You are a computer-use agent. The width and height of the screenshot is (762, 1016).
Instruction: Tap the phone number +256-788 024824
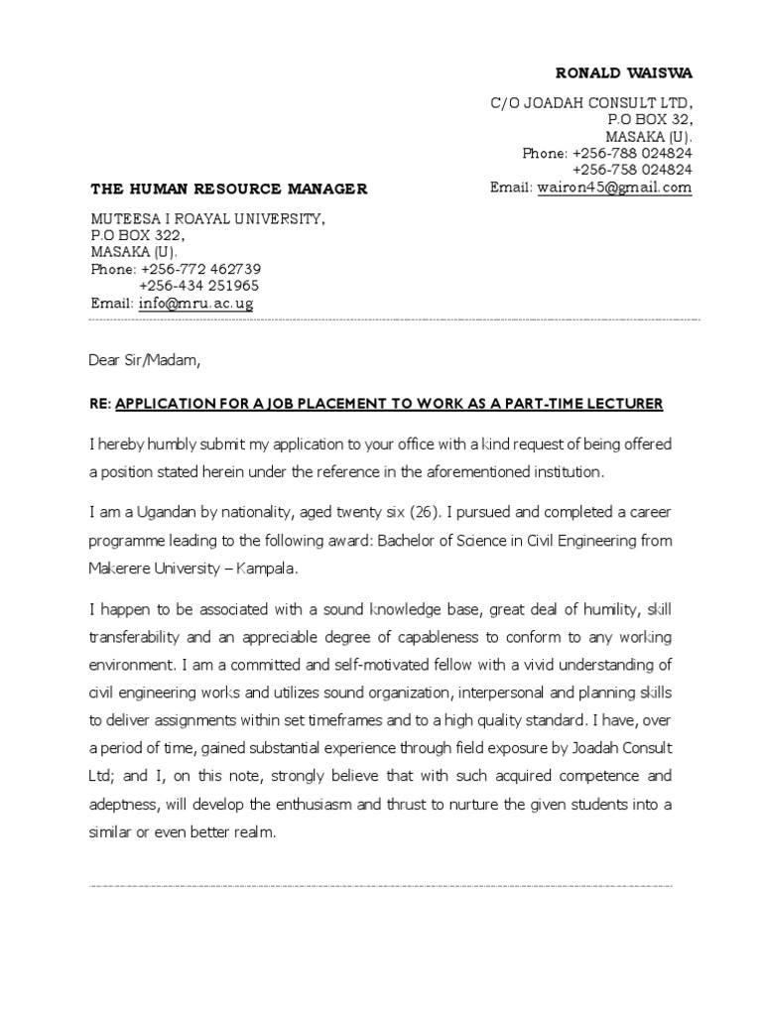point(631,154)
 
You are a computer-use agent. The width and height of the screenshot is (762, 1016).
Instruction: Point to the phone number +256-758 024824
point(631,171)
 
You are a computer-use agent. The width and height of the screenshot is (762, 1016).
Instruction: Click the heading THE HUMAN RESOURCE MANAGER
point(229,189)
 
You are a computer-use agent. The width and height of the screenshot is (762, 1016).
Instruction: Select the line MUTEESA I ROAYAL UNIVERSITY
point(207,219)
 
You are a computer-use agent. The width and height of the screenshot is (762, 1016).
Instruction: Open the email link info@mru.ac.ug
point(195,304)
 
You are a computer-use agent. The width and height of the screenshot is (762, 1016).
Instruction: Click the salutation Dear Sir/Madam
point(145,361)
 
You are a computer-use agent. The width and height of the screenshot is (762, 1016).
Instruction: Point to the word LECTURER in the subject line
point(626,404)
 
